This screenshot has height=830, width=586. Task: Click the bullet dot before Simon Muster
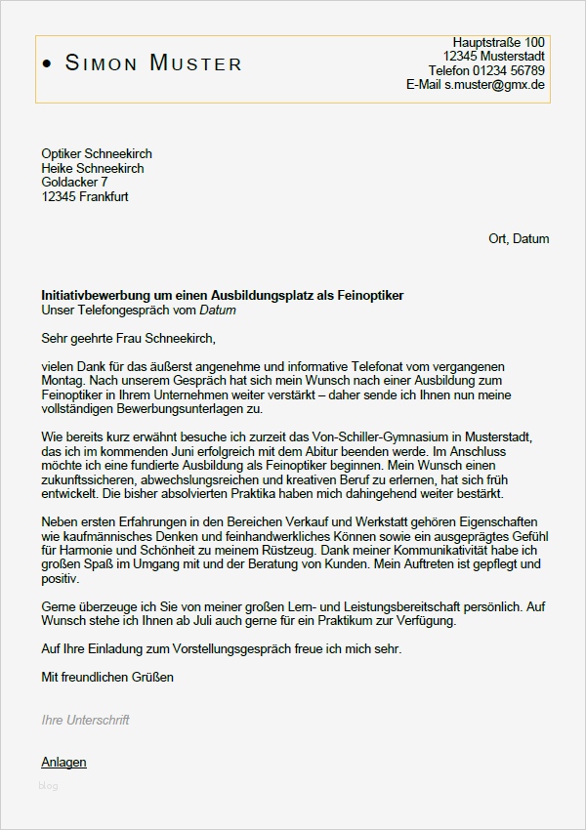tap(49, 64)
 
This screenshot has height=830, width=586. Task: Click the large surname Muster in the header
tap(195, 64)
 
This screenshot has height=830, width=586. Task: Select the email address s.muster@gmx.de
tap(495, 85)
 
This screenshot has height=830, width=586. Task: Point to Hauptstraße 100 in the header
tap(498, 42)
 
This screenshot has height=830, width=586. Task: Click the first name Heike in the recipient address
tap(59, 168)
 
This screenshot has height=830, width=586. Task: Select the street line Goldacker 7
tap(75, 182)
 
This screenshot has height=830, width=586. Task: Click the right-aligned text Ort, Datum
tap(519, 238)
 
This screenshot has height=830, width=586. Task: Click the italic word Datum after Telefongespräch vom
tap(218, 311)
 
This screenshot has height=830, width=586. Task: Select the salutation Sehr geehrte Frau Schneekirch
tap(127, 339)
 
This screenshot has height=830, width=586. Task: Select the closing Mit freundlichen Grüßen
tap(107, 677)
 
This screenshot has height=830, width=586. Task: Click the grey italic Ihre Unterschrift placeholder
tap(85, 721)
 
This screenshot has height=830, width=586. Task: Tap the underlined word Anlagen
tap(63, 762)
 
